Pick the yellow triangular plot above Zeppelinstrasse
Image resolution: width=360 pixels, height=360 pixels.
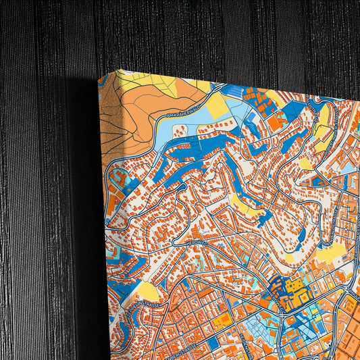coord(148,291)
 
